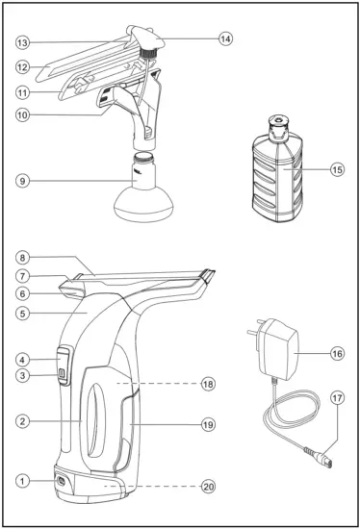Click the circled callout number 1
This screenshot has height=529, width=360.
(20, 480)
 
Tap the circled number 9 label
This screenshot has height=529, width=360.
(20, 180)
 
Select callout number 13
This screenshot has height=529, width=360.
(20, 42)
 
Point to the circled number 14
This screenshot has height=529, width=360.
(225, 38)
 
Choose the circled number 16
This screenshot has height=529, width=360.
(336, 353)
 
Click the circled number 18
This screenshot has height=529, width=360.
(209, 383)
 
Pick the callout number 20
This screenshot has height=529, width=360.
(209, 487)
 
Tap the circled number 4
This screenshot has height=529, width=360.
(20, 360)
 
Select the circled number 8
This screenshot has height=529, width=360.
(20, 257)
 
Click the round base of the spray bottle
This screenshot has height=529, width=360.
(144, 207)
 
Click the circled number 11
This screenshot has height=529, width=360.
(20, 92)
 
